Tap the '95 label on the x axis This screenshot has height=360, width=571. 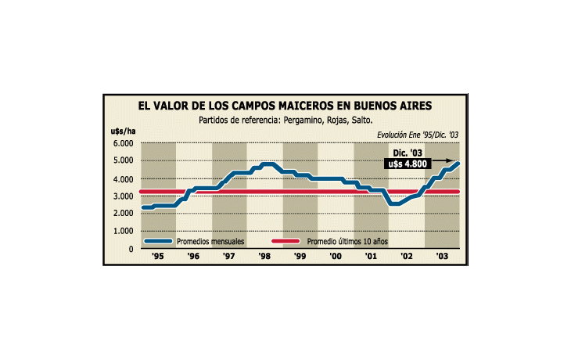point(157,257)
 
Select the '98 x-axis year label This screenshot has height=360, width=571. point(264,257)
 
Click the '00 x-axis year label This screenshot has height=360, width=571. point(336,257)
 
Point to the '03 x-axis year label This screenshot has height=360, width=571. point(442,257)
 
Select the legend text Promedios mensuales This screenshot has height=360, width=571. point(210,242)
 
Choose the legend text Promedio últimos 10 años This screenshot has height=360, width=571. point(347,242)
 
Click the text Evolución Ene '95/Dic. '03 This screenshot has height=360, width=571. point(418,135)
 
